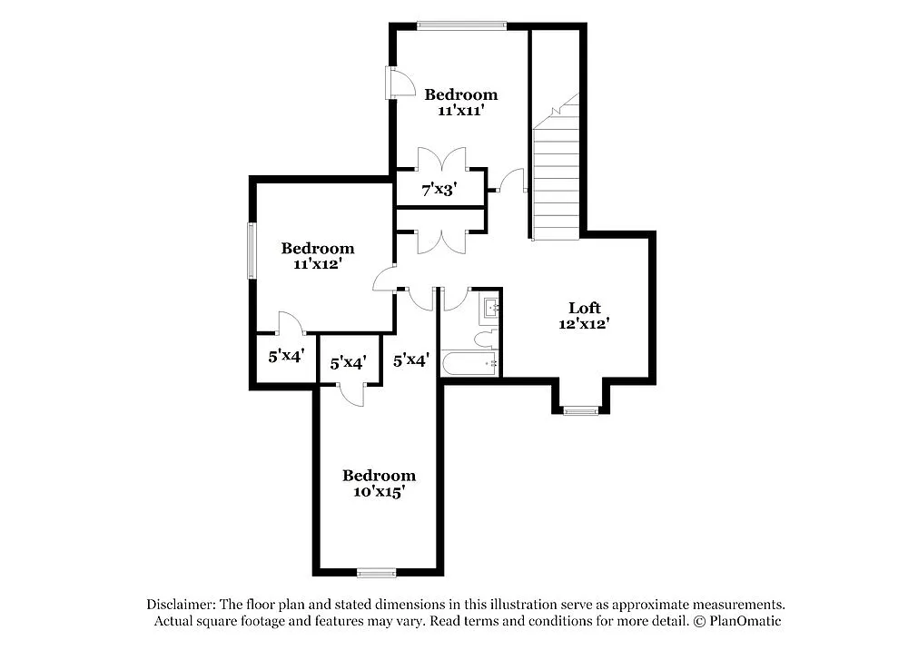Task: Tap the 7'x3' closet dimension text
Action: [x=438, y=191]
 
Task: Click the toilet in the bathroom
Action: [x=483, y=340]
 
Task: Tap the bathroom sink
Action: [x=491, y=309]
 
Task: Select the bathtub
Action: [x=469, y=365]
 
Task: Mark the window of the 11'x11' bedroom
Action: [x=461, y=25]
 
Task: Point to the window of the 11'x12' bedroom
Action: [x=252, y=250]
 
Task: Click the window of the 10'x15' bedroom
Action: [x=376, y=572]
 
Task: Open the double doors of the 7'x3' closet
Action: [x=441, y=160]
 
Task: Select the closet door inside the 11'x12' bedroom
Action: [x=290, y=322]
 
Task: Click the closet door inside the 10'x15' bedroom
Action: [x=350, y=392]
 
